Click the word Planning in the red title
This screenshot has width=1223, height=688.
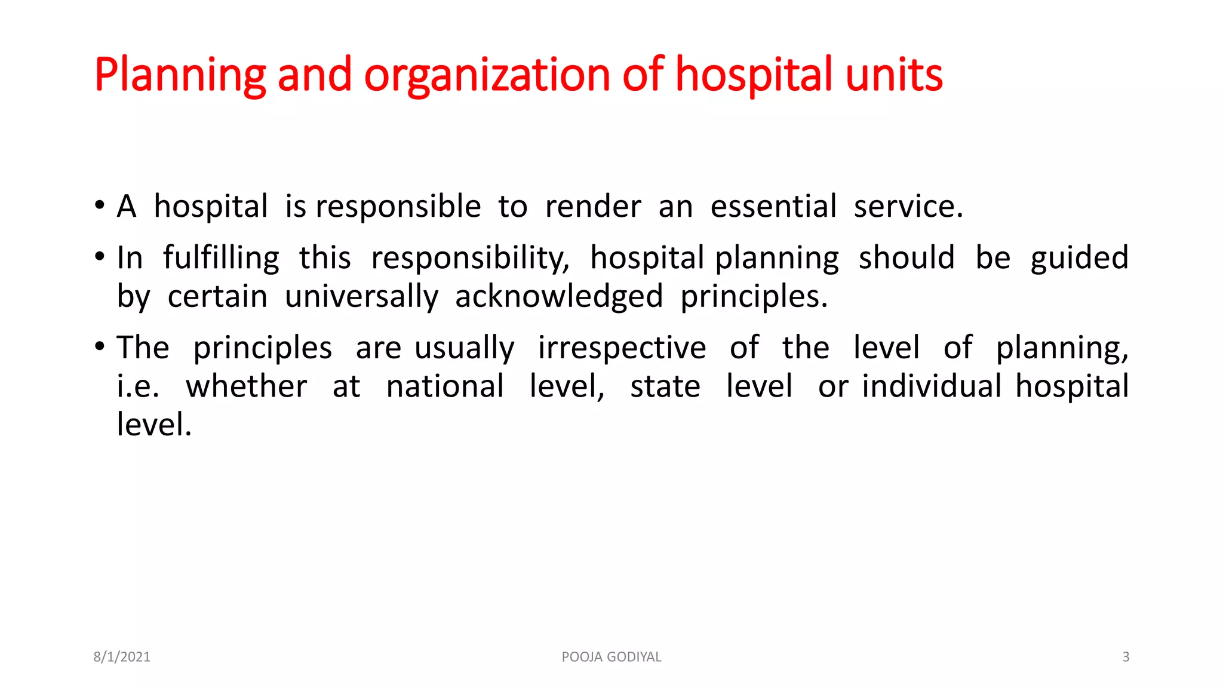(180, 75)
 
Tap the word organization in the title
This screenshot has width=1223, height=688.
(487, 75)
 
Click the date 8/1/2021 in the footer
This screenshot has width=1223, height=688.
(122, 657)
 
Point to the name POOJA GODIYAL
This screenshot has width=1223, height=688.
(611, 657)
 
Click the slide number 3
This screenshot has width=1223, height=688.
(1126, 657)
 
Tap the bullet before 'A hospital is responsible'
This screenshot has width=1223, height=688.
(100, 205)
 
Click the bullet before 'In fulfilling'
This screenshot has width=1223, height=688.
(100, 257)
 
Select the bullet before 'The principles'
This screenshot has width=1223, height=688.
(100, 346)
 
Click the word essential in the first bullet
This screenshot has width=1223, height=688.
(773, 207)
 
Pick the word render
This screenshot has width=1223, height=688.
(593, 207)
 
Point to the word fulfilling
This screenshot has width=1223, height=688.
(221, 259)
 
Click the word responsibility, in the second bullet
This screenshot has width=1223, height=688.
(470, 259)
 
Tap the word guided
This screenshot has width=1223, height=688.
(1079, 259)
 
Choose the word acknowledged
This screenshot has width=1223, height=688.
(559, 297)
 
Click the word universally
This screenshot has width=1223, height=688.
(361, 297)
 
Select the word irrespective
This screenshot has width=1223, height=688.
(622, 348)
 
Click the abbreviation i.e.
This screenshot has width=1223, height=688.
(138, 386)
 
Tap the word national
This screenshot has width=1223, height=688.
(445, 386)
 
